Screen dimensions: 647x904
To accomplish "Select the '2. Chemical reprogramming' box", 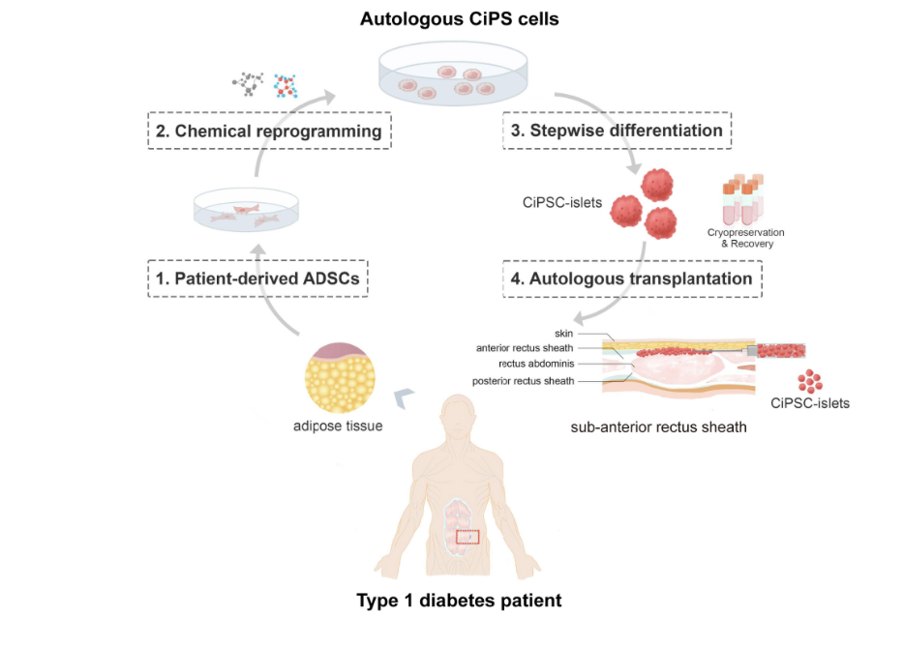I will click(x=270, y=131).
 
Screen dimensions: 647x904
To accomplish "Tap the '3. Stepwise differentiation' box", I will click(x=618, y=131).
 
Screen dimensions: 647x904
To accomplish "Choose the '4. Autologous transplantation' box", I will click(x=631, y=279).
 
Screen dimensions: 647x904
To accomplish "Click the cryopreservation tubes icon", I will click(x=742, y=198).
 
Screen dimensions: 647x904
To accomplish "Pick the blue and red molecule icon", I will click(x=286, y=86).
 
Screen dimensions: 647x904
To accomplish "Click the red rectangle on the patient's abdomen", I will click(x=467, y=536).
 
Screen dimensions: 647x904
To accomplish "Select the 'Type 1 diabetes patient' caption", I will click(x=459, y=601).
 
